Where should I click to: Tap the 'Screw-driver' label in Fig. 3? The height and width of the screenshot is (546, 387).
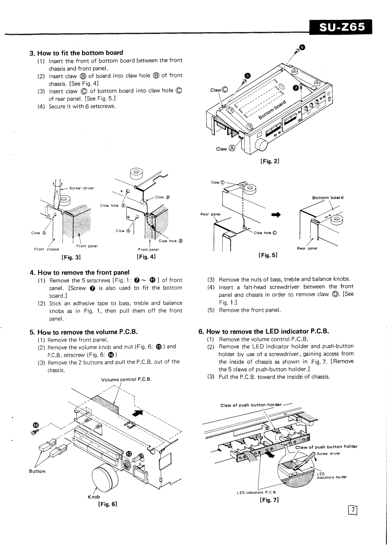click(81, 188)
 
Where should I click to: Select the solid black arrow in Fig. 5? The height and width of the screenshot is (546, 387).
click(276, 215)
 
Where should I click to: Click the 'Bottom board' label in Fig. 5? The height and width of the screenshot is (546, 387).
click(328, 198)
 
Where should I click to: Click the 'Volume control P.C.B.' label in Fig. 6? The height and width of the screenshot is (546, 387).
click(126, 379)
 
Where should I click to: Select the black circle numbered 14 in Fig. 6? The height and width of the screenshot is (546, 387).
click(36, 425)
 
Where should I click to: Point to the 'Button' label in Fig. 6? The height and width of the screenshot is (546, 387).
click(37, 471)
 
